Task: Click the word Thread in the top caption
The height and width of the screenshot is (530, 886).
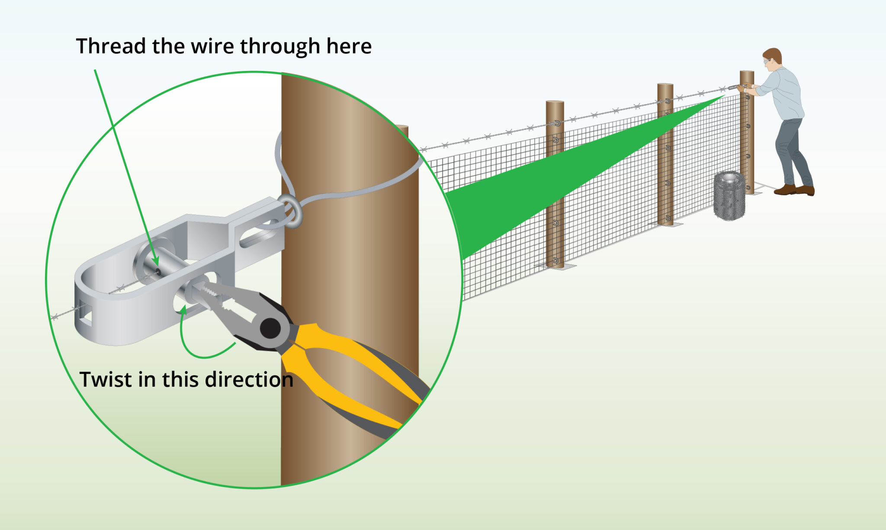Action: click(111, 46)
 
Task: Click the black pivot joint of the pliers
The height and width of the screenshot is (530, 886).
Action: click(270, 328)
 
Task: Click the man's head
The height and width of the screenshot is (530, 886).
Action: click(773, 60)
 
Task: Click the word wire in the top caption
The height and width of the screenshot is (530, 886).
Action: click(212, 46)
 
